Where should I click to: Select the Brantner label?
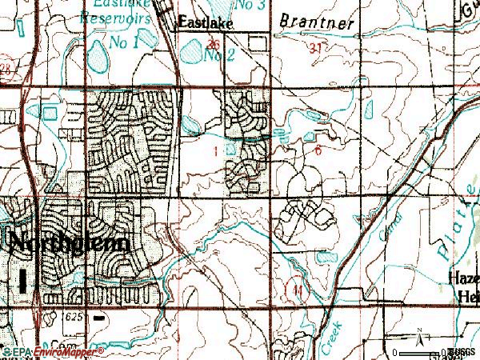pyautogui.click(x=317, y=24)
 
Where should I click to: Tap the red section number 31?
pyautogui.click(x=318, y=49)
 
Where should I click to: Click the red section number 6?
pyautogui.click(x=318, y=150)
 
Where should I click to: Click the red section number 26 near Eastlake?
pyautogui.click(x=213, y=45)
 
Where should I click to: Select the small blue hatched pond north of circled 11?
pyautogui.click(x=326, y=258)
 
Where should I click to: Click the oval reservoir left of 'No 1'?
pyautogui.click(x=98, y=56)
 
